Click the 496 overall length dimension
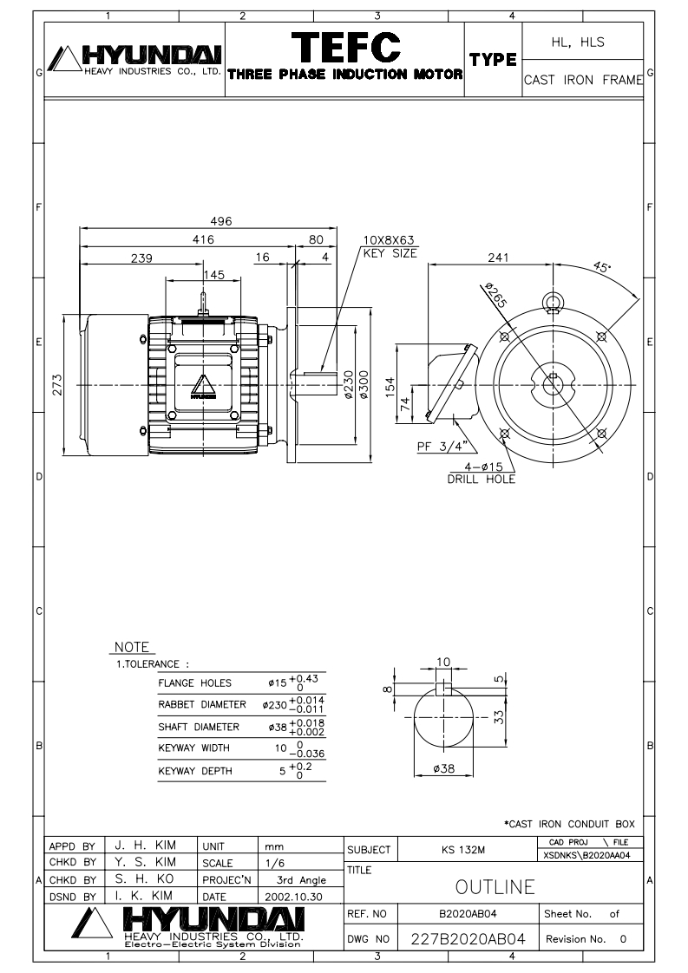pos(222,222)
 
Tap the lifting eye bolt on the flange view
pos(553,303)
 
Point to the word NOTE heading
pos(132,647)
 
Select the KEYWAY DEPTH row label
pos(193,770)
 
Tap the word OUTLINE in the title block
pos(495,887)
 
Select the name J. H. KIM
pos(141,843)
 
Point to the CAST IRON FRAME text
pos(583,80)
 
